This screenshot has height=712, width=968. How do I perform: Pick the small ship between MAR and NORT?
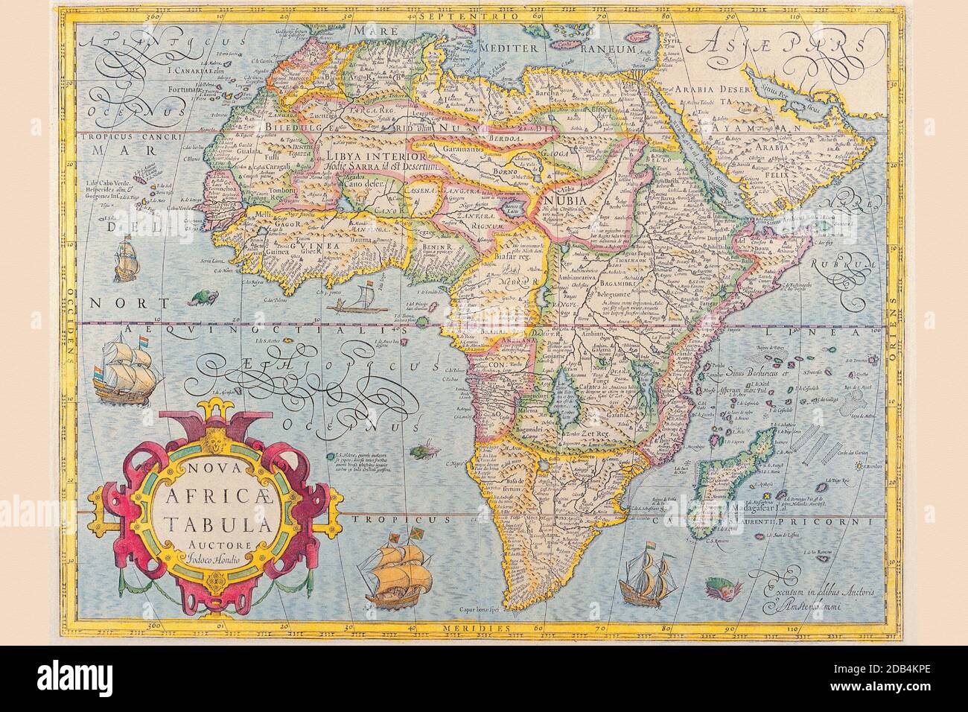[124, 257]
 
